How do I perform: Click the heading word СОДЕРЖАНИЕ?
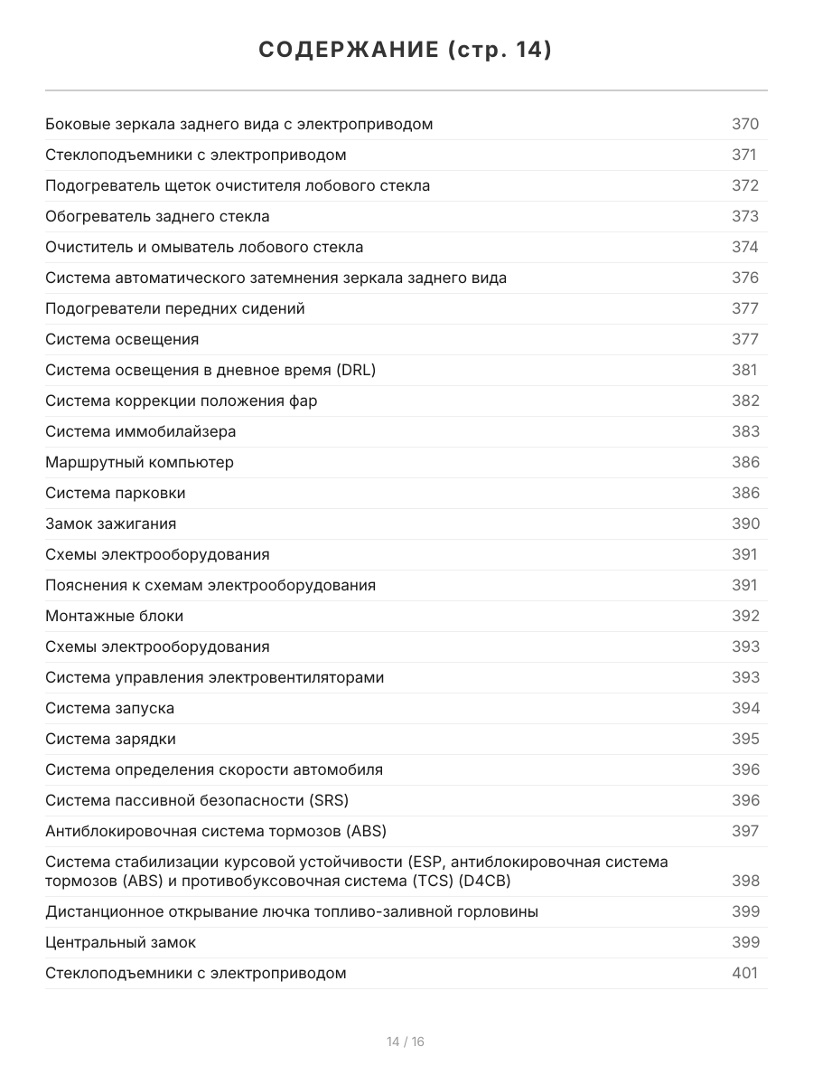click(348, 51)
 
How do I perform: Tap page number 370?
click(745, 124)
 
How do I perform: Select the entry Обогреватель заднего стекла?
click(157, 216)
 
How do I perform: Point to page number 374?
click(745, 247)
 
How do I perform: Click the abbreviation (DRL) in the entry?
click(355, 370)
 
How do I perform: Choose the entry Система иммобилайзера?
click(140, 431)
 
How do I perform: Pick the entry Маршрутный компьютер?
click(139, 462)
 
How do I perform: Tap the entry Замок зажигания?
click(110, 524)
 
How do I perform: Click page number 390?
click(745, 524)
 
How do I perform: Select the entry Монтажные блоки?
click(114, 616)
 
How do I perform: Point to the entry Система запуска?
click(109, 708)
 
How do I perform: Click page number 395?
click(745, 739)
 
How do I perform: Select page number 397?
click(745, 831)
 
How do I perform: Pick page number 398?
click(745, 881)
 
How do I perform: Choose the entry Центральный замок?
click(120, 942)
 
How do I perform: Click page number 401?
click(745, 973)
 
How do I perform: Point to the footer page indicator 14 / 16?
click(406, 1042)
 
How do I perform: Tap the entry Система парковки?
click(116, 493)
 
